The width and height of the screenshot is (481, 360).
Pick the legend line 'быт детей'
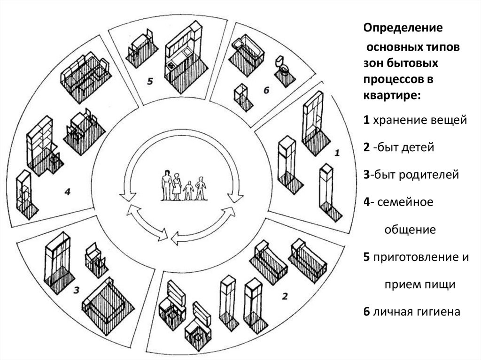[403, 147]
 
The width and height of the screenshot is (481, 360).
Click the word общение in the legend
[411, 230]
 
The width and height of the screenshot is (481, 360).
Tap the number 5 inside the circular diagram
[149, 81]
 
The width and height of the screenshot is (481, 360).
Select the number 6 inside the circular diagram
[266, 90]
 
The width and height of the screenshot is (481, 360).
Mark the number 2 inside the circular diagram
[284, 296]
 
